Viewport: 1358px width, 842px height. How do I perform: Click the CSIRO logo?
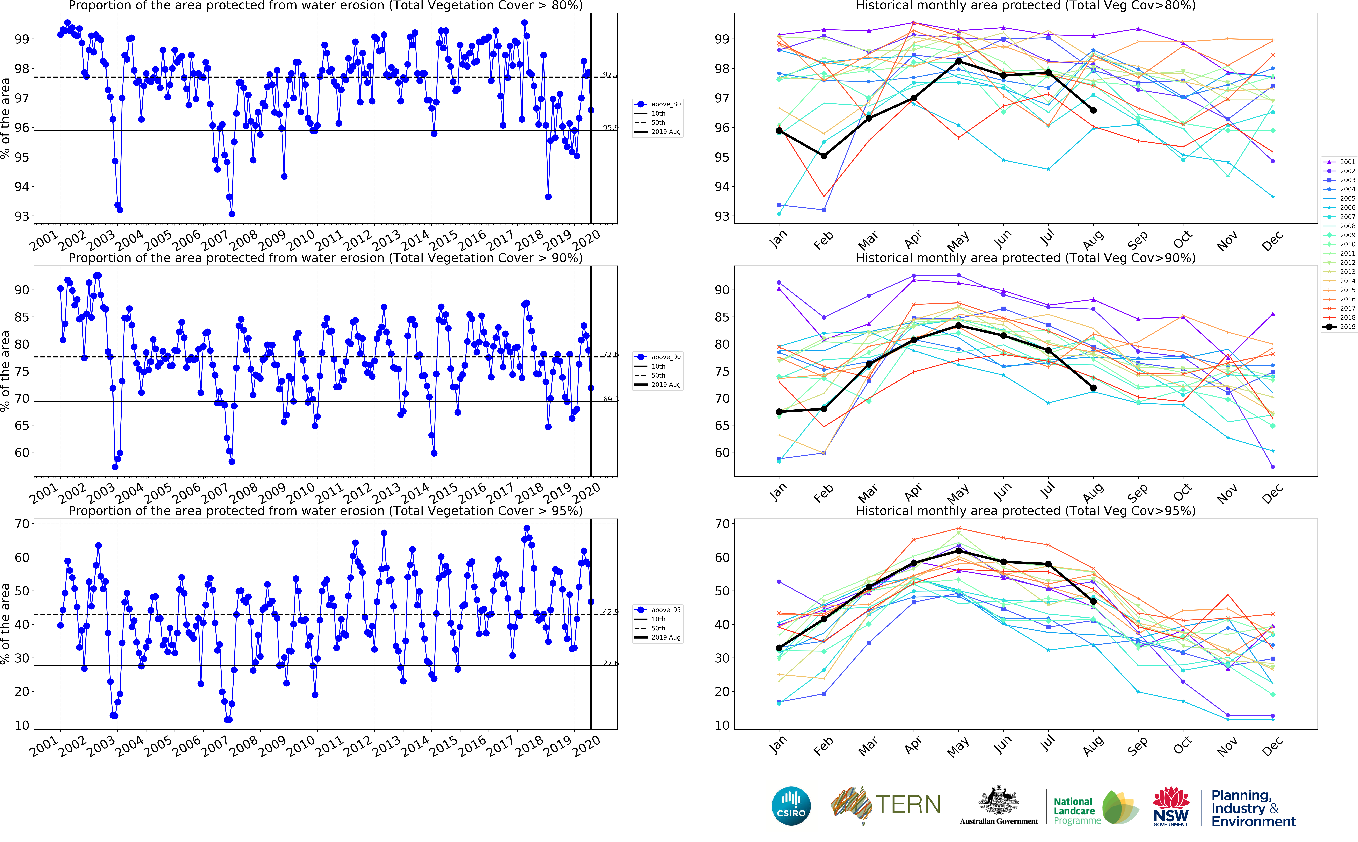tap(791, 806)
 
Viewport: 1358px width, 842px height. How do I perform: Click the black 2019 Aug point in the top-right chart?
tap(1093, 110)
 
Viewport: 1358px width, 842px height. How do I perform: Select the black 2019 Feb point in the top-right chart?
tap(824, 156)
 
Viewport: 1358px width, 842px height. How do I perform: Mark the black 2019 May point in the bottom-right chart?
tap(958, 551)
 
